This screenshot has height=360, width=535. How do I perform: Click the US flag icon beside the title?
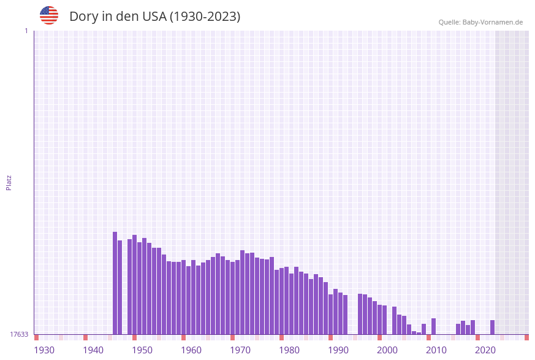click(x=49, y=15)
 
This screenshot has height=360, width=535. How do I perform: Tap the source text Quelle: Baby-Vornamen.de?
click(x=480, y=22)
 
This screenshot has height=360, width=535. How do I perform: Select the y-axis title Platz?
click(x=9, y=182)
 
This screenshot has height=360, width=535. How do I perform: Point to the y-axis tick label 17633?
click(x=19, y=334)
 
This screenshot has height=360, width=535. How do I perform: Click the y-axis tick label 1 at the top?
click(x=26, y=31)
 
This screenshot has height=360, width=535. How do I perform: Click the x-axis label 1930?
click(x=44, y=350)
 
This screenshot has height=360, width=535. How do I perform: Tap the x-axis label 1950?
click(x=142, y=350)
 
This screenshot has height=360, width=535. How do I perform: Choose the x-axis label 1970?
click(x=240, y=350)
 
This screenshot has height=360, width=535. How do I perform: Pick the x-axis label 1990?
click(x=338, y=350)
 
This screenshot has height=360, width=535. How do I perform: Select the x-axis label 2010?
click(x=436, y=350)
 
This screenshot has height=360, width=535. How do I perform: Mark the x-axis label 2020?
click(x=485, y=350)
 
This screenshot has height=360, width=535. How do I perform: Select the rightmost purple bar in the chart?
click(x=492, y=327)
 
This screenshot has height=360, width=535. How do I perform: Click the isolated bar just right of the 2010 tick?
click(x=433, y=326)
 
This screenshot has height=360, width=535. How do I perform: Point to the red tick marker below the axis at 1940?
click(x=85, y=337)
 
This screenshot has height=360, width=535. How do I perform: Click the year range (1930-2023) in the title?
click(x=205, y=17)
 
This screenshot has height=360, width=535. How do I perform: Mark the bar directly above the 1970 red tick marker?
click(x=232, y=298)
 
